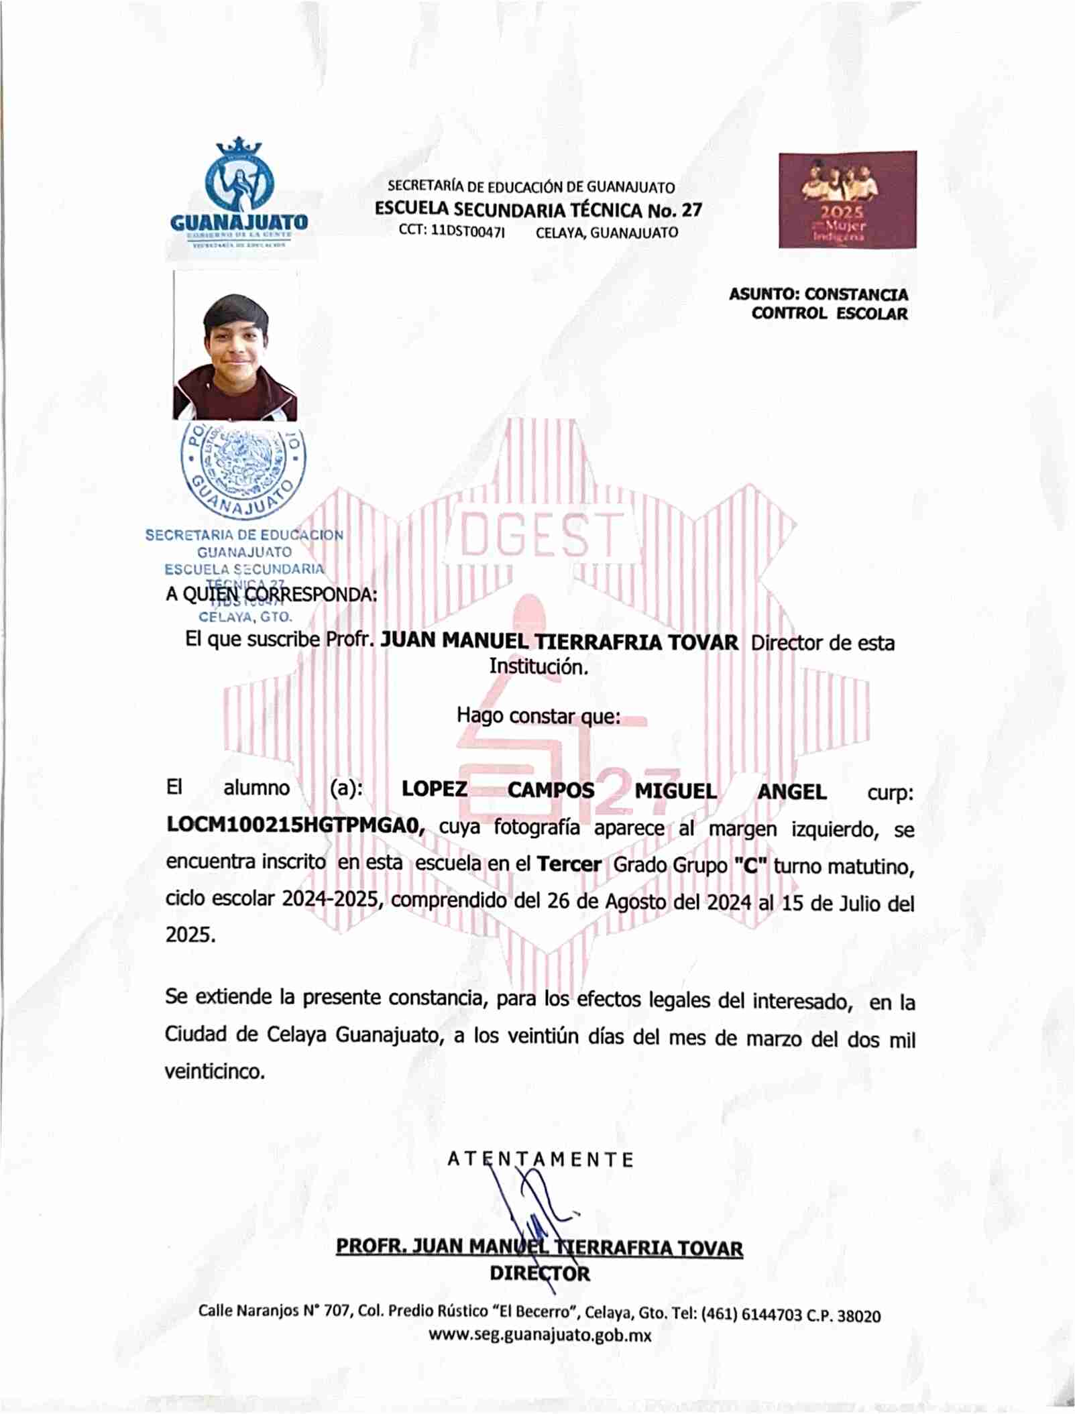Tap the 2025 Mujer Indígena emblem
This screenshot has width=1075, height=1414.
pyautogui.click(x=847, y=199)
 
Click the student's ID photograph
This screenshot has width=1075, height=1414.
pyautogui.click(x=235, y=346)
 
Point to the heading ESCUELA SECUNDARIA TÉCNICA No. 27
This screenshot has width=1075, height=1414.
pyautogui.click(x=538, y=210)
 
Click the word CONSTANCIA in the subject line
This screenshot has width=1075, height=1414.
pyautogui.click(x=856, y=294)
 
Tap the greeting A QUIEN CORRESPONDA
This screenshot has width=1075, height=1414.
pyautogui.click(x=271, y=594)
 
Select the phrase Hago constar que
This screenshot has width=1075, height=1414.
pyautogui.click(x=538, y=715)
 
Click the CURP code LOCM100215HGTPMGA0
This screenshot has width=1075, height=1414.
pyautogui.click(x=295, y=825)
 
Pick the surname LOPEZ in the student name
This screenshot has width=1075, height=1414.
pyautogui.click(x=434, y=788)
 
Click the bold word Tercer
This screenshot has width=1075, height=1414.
pyautogui.click(x=569, y=864)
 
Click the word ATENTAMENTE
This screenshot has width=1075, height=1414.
pyautogui.click(x=540, y=1159)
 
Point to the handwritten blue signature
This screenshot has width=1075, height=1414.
pyautogui.click(x=530, y=1214)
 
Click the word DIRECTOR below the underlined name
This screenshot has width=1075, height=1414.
pyautogui.click(x=540, y=1273)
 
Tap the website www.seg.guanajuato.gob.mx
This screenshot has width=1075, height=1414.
pyautogui.click(x=540, y=1334)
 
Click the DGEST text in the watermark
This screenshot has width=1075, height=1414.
pyautogui.click(x=542, y=535)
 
